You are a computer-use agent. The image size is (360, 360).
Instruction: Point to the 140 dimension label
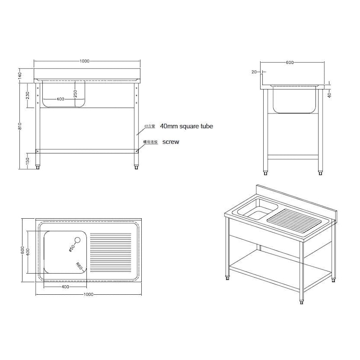(x=20, y=76)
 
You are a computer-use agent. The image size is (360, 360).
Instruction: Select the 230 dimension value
(x=28, y=95)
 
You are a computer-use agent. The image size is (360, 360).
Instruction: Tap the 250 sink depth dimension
(x=76, y=93)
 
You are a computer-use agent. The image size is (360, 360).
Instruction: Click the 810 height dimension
(x=20, y=127)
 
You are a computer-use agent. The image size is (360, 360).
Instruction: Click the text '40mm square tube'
(x=186, y=126)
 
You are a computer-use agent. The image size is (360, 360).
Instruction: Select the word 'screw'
(x=171, y=141)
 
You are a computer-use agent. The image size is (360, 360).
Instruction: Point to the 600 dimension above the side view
(x=289, y=63)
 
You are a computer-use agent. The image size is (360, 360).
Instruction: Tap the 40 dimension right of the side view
(x=329, y=95)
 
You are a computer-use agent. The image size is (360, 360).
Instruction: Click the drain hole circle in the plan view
(x=75, y=240)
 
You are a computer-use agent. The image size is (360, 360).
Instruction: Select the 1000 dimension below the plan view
(x=88, y=294)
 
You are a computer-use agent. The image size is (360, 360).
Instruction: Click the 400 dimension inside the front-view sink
(x=59, y=99)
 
